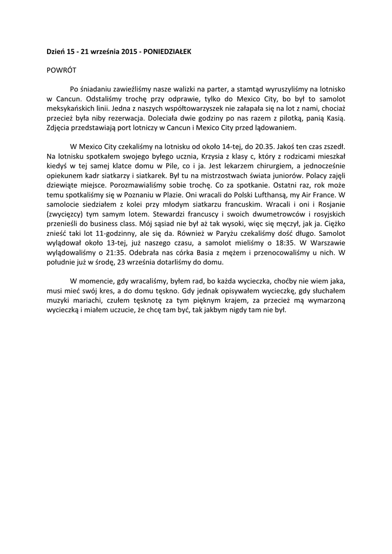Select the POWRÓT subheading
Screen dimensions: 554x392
point(61,70)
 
